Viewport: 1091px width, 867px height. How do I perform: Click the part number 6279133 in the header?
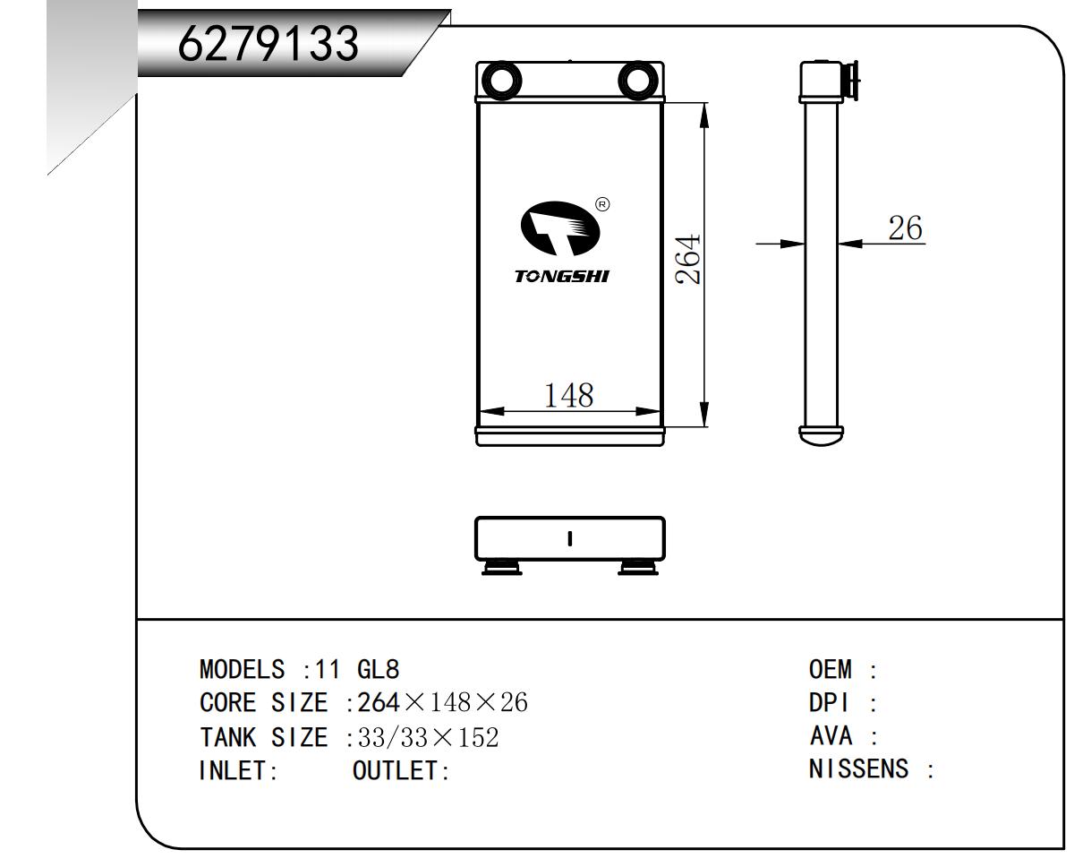[268, 42]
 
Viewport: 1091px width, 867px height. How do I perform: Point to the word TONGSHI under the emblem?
[561, 276]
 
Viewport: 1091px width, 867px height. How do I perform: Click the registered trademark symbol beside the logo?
[602, 204]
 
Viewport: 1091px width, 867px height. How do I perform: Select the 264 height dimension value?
[686, 260]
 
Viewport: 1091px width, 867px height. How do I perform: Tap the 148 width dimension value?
[569, 394]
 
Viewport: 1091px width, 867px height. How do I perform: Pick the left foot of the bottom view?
[502, 567]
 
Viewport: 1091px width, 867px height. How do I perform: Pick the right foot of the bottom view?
[638, 567]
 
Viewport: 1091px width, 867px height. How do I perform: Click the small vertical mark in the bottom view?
[570, 538]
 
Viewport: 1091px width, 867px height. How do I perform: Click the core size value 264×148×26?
[442, 703]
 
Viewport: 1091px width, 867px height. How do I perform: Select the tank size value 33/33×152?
[428, 737]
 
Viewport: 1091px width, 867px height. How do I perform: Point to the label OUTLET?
[401, 770]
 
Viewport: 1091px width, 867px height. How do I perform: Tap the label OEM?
[831, 670]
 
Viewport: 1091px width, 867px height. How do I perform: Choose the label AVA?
[831, 736]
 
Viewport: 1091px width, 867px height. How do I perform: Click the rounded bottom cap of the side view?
[823, 435]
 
